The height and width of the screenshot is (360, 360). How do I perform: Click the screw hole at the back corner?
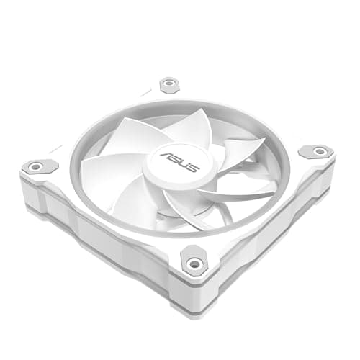point(170,84)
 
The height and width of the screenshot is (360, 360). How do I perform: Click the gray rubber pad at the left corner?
point(40,166)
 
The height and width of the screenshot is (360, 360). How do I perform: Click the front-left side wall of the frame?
point(101,230)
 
